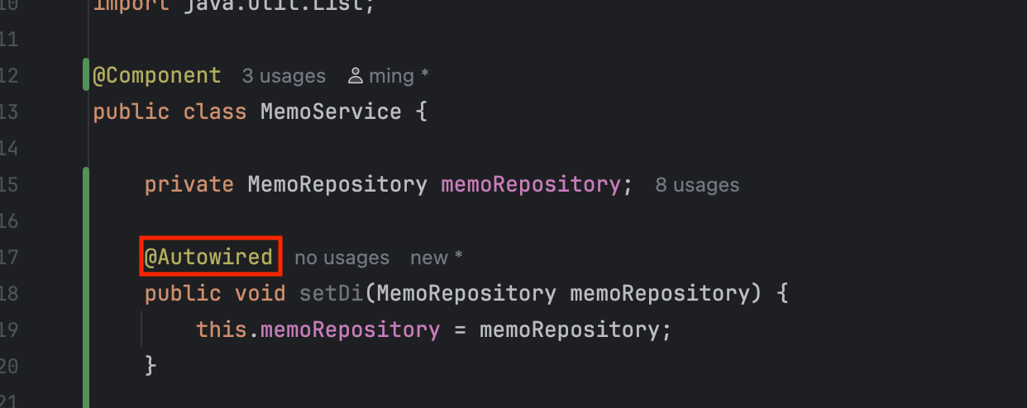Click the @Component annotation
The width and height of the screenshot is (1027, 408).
(x=156, y=76)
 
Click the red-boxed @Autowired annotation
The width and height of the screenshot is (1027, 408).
(x=209, y=257)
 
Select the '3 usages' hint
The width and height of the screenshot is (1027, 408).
(x=284, y=77)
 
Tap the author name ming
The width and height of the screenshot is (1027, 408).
(x=391, y=77)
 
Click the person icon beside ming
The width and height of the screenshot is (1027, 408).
(x=356, y=77)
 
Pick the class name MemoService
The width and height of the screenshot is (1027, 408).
(x=331, y=111)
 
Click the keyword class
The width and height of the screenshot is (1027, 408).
(x=215, y=111)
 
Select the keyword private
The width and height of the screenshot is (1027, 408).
(x=189, y=184)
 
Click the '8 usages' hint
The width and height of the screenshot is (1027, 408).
(x=697, y=185)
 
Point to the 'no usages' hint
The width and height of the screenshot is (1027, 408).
(x=342, y=258)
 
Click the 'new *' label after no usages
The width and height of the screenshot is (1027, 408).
(x=436, y=258)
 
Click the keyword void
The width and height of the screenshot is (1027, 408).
(x=260, y=293)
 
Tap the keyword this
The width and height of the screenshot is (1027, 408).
(x=222, y=330)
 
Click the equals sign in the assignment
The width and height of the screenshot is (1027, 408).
(x=460, y=330)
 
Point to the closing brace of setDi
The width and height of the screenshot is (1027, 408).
(x=150, y=364)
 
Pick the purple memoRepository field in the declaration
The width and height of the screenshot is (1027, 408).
(x=530, y=184)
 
